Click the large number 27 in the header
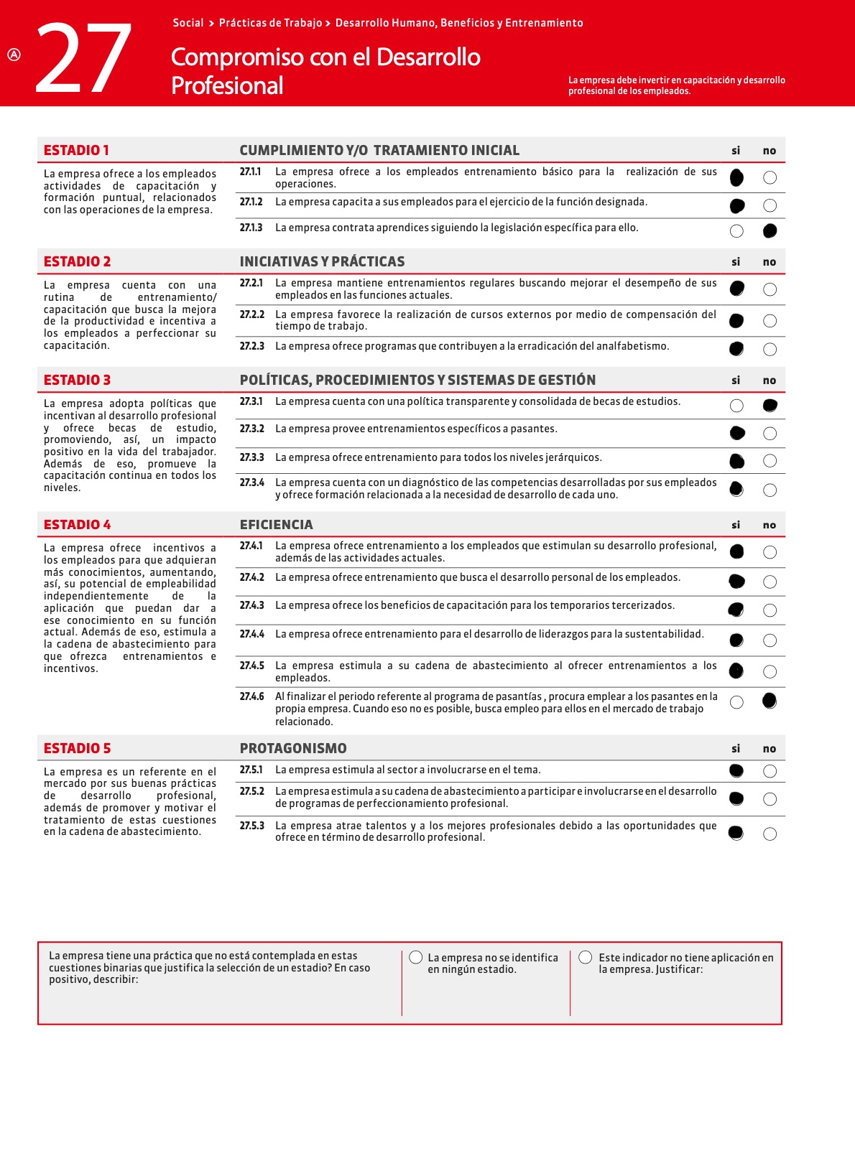tap(83, 59)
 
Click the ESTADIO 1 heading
tap(76, 150)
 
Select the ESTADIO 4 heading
tap(77, 525)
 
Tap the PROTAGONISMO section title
tap(293, 748)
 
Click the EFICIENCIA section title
tap(276, 525)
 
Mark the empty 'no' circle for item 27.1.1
tap(769, 177)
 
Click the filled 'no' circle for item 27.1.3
tap(769, 230)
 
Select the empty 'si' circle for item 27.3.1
tap(736, 406)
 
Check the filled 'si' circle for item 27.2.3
tap(736, 349)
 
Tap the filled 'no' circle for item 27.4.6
tap(769, 701)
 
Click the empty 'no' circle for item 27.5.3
tap(769, 834)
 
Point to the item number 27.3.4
tap(251, 482)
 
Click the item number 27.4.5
tap(251, 666)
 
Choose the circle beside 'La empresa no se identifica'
tap(415, 957)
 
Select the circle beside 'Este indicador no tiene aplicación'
tap(586, 957)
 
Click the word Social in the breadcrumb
tap(188, 23)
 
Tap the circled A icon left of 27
tap(14, 55)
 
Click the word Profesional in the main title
tap(227, 85)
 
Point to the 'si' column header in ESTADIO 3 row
tap(736, 381)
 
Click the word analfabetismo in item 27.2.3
tap(633, 346)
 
